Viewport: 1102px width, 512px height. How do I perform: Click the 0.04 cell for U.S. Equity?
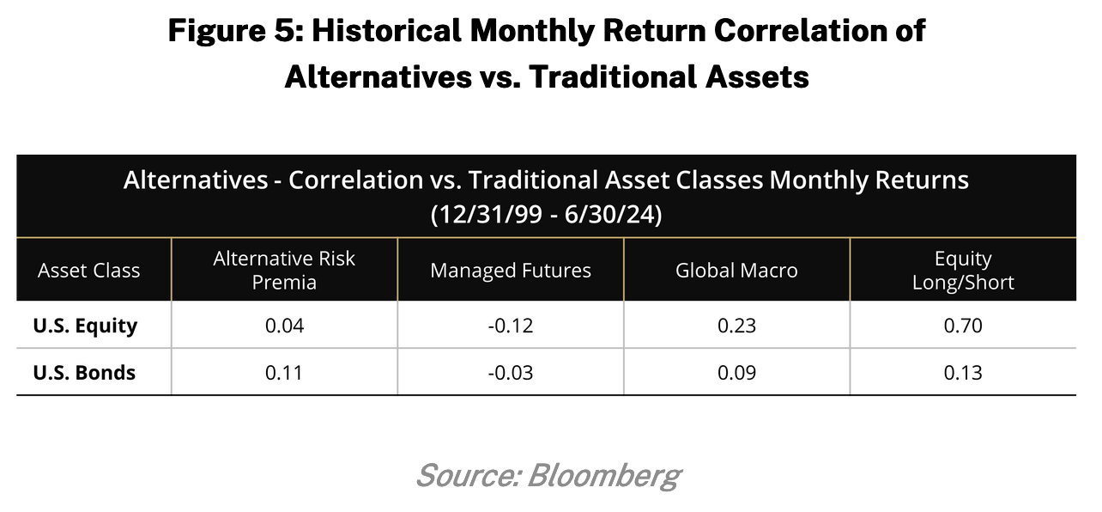[284, 326]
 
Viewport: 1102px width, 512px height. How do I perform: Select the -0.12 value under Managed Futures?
[510, 326]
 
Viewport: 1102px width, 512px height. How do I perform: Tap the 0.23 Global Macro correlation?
[736, 326]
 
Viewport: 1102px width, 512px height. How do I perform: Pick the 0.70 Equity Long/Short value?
[963, 326]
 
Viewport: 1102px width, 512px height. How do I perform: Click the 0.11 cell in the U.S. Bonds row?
[284, 373]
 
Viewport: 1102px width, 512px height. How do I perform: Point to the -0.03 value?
[510, 373]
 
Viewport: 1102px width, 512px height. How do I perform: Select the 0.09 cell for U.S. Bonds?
[736, 373]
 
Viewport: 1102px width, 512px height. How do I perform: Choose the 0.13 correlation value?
[963, 373]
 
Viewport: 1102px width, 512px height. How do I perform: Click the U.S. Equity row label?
[85, 326]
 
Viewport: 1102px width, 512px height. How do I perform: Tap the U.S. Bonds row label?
[84, 373]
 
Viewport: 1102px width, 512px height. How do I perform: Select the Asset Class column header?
[89, 271]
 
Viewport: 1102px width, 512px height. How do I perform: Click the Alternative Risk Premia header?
[284, 271]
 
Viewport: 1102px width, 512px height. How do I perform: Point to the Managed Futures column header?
[511, 271]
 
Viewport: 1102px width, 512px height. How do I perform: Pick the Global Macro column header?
[736, 271]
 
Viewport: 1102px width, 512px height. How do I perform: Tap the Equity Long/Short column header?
[963, 271]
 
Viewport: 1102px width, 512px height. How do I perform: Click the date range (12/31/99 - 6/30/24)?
[546, 215]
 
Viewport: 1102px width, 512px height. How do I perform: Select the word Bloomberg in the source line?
[604, 476]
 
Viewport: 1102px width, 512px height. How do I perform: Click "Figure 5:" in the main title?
[236, 31]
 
